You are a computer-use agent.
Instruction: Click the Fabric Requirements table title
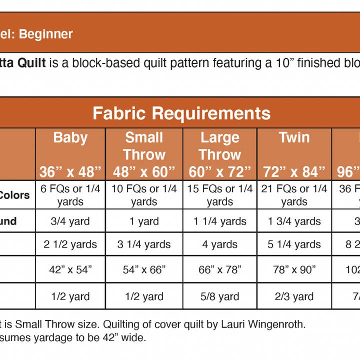(x=181, y=113)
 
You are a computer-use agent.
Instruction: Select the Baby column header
(x=70, y=154)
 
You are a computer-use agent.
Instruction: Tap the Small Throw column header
(x=144, y=154)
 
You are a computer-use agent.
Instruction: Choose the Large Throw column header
(x=220, y=154)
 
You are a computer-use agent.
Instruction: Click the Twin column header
(x=294, y=154)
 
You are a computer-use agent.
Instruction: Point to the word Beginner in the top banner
(x=46, y=34)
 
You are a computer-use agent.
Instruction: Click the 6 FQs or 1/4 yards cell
(x=70, y=195)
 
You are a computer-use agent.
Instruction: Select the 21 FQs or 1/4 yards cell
(x=294, y=195)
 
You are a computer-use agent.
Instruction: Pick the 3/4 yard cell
(x=70, y=221)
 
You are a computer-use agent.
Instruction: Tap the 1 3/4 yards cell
(x=294, y=221)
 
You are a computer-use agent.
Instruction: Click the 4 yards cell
(x=220, y=244)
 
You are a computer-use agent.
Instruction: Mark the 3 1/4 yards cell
(x=144, y=244)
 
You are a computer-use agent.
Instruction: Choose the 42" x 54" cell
(x=70, y=270)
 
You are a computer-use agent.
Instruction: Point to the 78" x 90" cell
(x=294, y=270)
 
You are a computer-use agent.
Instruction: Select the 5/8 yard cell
(x=220, y=296)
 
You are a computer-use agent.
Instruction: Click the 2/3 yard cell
(x=294, y=296)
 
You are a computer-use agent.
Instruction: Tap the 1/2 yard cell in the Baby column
(x=70, y=296)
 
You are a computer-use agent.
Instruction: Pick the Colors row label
(x=15, y=195)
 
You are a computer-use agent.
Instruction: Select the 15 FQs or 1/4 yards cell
(x=220, y=195)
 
